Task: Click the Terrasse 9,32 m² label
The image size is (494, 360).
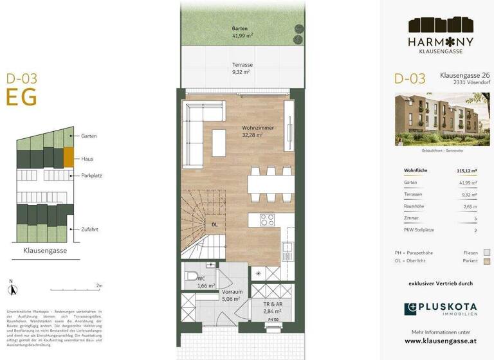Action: [x=241, y=69]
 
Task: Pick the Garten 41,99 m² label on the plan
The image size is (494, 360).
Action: [x=241, y=33]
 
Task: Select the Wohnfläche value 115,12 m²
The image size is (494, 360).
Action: [x=467, y=171]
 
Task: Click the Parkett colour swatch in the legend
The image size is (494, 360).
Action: [x=487, y=262]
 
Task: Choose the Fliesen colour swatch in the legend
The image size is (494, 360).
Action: [x=487, y=253]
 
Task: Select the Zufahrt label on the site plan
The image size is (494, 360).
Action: [x=90, y=229]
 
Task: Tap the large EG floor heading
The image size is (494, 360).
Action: [x=22, y=97]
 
